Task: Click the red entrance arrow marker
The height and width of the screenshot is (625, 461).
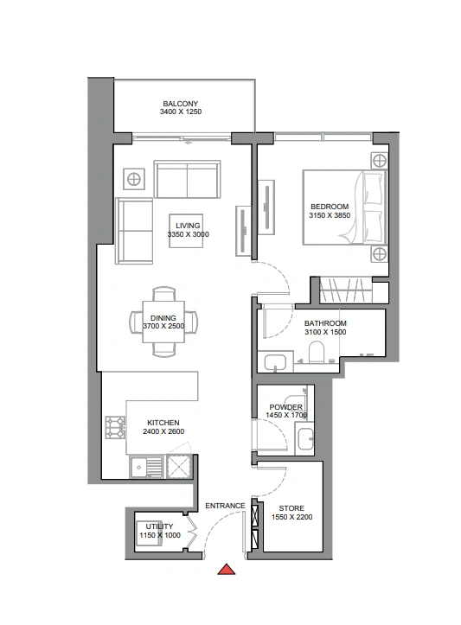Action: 226,570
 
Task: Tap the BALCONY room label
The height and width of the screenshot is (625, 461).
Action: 180,104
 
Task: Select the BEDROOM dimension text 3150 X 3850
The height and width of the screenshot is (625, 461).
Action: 330,215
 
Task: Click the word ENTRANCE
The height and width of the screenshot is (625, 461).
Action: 225,506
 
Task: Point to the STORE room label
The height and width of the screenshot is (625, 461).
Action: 291,508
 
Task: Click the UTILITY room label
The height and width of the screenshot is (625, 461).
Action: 159,526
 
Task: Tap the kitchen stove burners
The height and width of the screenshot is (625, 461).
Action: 115,427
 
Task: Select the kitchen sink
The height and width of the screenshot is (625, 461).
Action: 146,467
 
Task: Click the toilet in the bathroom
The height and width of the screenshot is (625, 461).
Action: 317,352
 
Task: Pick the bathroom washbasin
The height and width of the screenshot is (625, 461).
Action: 275,362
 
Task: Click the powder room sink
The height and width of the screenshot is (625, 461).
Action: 305,439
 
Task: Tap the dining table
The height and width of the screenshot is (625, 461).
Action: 163,322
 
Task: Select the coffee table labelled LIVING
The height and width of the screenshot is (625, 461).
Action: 186,231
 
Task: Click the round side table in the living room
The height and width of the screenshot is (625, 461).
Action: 133,179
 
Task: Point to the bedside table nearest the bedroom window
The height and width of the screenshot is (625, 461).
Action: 379,161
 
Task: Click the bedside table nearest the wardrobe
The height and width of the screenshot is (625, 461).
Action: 379,254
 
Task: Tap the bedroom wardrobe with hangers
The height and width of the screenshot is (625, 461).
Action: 346,290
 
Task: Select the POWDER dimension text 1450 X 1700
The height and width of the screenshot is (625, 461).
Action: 286,415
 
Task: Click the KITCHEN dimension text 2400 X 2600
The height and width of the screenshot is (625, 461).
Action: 163,431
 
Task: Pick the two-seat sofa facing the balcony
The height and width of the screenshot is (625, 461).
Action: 187,179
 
